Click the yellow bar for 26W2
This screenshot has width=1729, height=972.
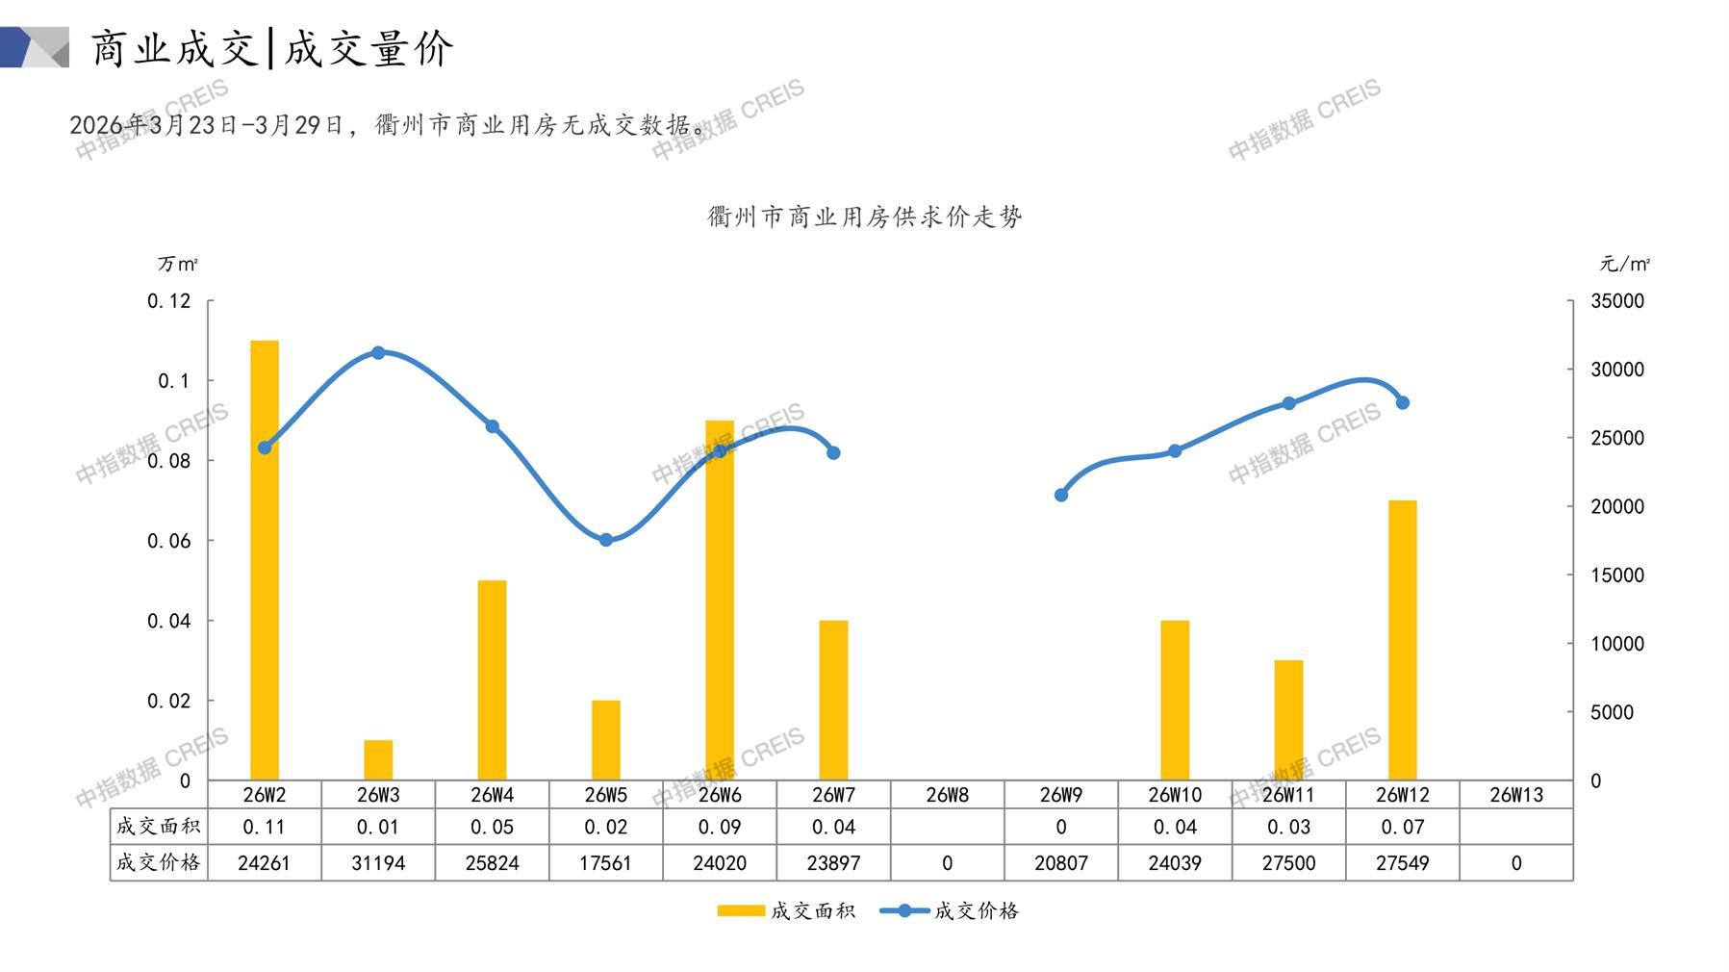coord(265,560)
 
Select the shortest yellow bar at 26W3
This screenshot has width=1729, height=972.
coord(378,760)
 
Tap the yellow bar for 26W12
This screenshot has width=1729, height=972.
coord(1402,640)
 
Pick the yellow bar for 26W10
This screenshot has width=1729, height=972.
coord(1175,700)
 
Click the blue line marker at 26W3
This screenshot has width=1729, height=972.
coord(378,353)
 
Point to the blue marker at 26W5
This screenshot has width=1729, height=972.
coord(606,540)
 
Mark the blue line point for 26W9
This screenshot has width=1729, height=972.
coord(1061,495)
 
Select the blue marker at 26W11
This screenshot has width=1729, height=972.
coord(1289,403)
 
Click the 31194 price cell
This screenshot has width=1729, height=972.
coord(378,863)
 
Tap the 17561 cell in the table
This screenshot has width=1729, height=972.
coord(606,863)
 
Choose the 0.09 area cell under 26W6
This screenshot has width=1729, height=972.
coord(720,827)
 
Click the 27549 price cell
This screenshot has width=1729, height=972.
coord(1402,863)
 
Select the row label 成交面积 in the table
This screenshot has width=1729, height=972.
coord(159,827)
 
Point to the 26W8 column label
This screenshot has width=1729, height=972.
coord(947,795)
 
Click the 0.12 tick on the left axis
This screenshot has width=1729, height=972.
coord(169,301)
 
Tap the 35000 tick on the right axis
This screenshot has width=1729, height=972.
coord(1617,301)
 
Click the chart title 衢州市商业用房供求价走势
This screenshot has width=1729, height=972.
coord(864,217)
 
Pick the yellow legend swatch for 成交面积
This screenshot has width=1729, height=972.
coord(741,910)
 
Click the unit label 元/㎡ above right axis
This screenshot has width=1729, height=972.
coord(1625,264)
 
